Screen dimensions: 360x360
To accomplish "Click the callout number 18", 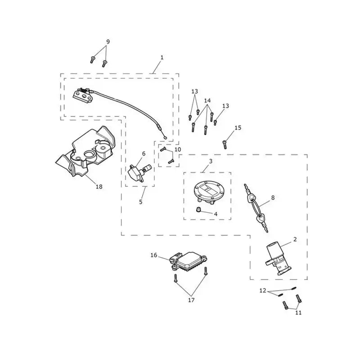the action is tap(99, 187).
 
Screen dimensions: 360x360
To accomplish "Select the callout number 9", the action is tap(108, 42).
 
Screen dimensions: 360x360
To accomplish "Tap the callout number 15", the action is tap(238, 128).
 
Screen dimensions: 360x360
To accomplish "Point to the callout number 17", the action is tap(191, 300).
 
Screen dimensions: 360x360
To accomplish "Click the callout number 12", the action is tap(263, 291).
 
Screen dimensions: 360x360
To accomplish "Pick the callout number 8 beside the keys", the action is tap(273, 198).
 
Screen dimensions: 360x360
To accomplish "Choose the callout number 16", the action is tap(154, 255).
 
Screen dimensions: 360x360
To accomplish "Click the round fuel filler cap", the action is tap(207, 192).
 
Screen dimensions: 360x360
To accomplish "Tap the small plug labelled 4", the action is tap(198, 209).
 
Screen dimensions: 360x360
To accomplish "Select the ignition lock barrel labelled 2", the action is tap(278, 259).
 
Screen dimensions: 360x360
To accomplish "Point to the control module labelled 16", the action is tap(188, 261).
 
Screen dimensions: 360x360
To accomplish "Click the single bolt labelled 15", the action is tap(225, 144).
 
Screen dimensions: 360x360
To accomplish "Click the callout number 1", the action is tap(162, 58).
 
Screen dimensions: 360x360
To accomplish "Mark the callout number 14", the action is tap(207, 100).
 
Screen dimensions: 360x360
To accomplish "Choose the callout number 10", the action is tap(178, 149).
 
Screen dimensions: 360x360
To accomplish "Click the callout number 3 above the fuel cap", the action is tap(211, 161).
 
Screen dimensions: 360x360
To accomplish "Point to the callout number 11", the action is tap(298, 312).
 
